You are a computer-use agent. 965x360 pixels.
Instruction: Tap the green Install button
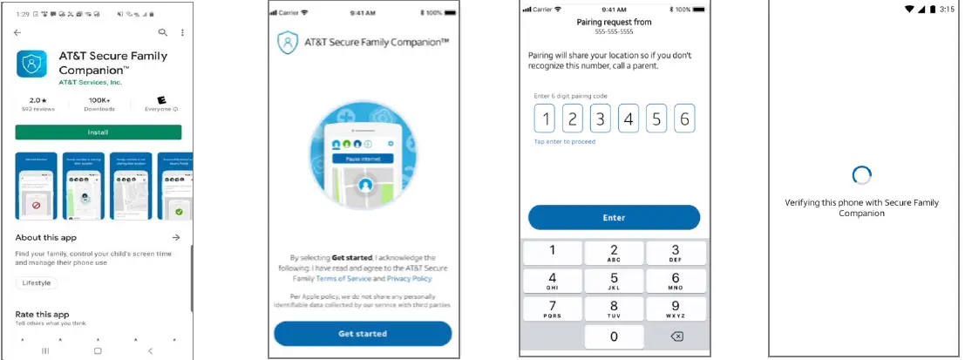[98, 132]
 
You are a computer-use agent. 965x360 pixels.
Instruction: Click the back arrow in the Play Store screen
[17, 32]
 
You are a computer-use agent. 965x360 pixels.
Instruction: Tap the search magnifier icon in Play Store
[162, 32]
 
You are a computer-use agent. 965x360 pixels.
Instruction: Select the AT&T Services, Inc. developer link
[90, 83]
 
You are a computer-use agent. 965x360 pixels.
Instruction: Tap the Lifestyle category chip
[37, 282]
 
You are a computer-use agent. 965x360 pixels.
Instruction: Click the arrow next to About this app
[176, 237]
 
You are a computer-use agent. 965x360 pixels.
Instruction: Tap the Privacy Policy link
[409, 278]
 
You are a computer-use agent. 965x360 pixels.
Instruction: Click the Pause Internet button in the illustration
[363, 159]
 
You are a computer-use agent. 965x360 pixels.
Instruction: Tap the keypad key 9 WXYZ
[676, 309]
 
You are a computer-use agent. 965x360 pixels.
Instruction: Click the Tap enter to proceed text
[564, 141]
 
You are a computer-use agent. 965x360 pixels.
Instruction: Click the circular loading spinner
[861, 175]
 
